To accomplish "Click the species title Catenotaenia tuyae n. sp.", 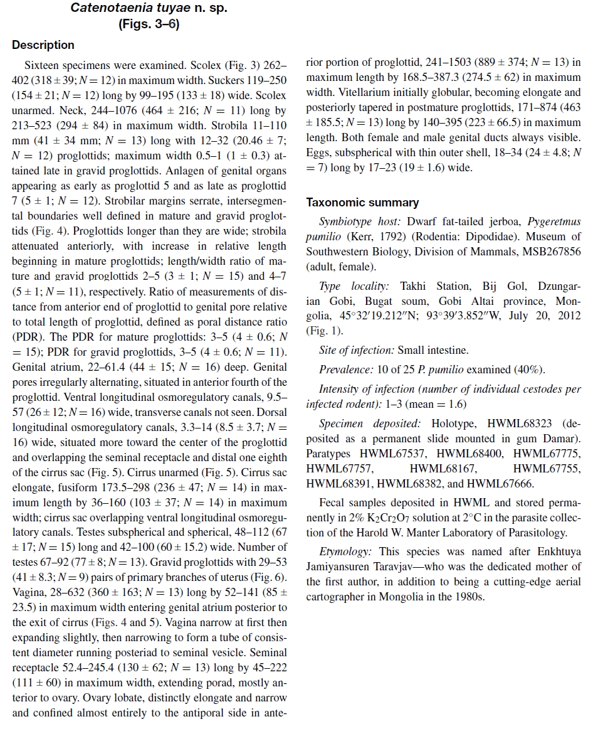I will click(149, 9).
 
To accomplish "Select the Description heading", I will click(43, 45).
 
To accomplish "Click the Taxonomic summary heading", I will click(362, 203).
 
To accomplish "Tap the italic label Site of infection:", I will click(357, 351).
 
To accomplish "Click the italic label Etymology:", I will click(345, 552).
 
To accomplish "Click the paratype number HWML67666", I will click(501, 484).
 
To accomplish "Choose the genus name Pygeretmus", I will click(554, 222).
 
